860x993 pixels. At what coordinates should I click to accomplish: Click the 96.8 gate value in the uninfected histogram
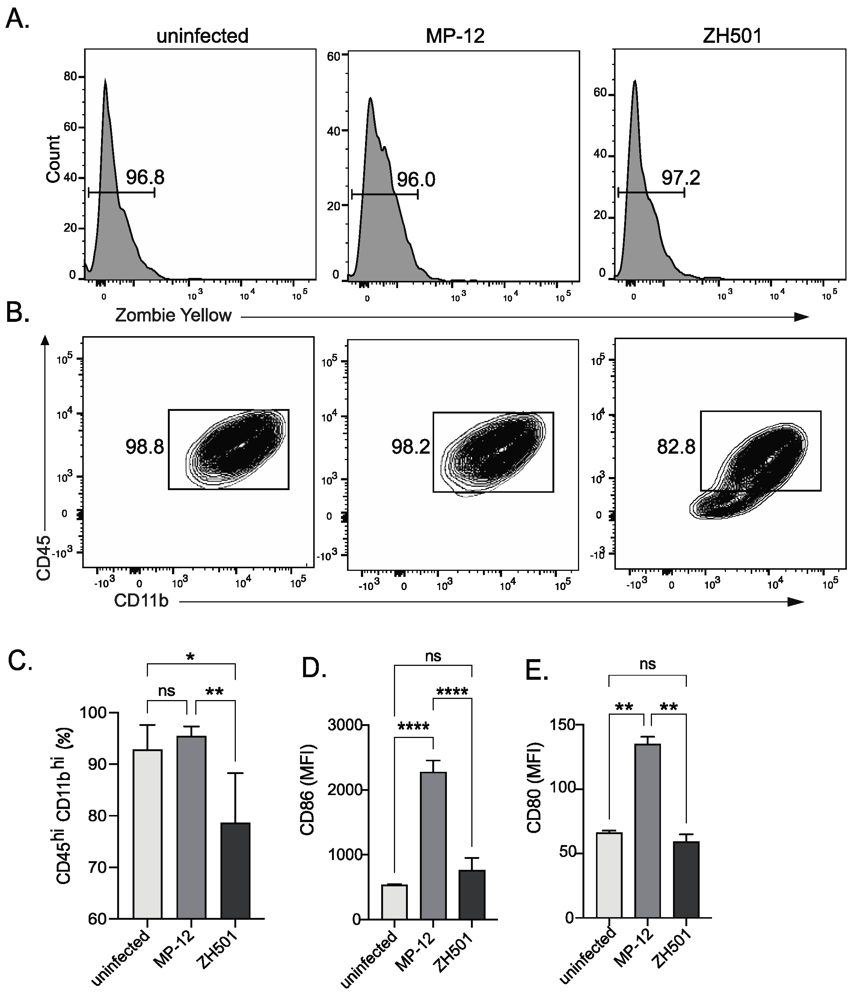pos(145,178)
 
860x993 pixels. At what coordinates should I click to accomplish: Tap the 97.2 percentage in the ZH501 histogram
pos(680,178)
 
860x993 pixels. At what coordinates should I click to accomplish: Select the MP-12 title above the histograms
pos(455,36)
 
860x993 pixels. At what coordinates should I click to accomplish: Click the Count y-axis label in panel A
pos(53,159)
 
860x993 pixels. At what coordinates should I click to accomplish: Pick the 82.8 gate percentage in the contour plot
pos(676,447)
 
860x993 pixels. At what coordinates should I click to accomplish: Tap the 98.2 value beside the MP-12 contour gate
pos(410,447)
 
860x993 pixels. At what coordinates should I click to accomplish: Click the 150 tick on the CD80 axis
pos(575,724)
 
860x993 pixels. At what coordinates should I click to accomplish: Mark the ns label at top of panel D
pos(433,656)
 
